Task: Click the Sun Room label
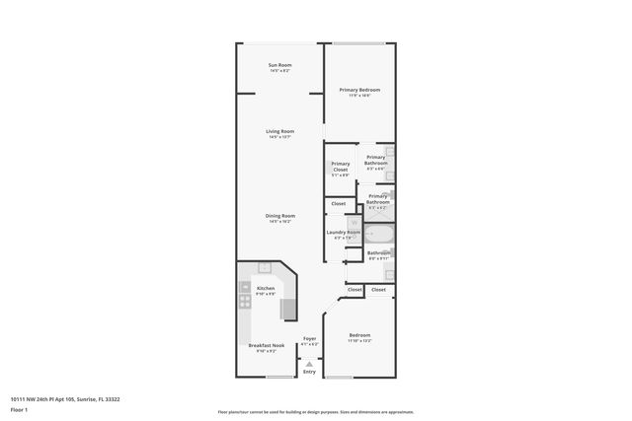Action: coord(279,66)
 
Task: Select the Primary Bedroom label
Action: coord(359,90)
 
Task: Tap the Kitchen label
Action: coord(266,288)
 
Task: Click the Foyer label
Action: coord(309,338)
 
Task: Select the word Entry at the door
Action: coord(309,372)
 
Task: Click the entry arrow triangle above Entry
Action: coord(309,363)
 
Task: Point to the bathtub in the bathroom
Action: coord(379,236)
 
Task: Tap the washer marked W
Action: coord(353,223)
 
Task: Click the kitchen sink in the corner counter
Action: coord(265,267)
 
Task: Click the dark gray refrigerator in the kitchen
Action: coord(289,309)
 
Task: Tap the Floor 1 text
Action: coord(18,408)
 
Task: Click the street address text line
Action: coord(64,399)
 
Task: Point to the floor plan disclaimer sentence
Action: coord(315,412)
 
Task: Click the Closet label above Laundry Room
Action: coord(338,204)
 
